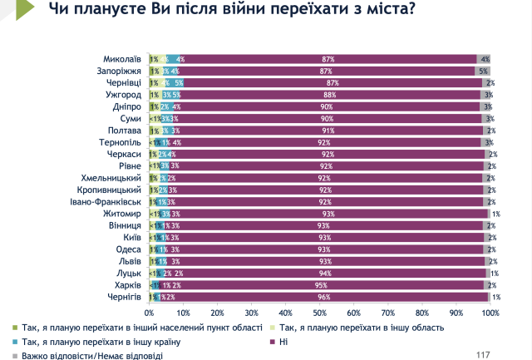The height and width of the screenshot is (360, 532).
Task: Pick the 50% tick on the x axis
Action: pos(320,313)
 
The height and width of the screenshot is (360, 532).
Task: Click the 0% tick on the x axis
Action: pos(150,313)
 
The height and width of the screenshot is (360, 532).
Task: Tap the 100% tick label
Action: pos(490,313)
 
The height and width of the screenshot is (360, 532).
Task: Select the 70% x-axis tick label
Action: pos(388,313)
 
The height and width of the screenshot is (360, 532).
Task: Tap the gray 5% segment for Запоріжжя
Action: pos(482,72)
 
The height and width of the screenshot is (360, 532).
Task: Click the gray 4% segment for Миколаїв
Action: pos(484,59)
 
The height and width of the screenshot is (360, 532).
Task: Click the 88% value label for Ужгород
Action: pos(329,95)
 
